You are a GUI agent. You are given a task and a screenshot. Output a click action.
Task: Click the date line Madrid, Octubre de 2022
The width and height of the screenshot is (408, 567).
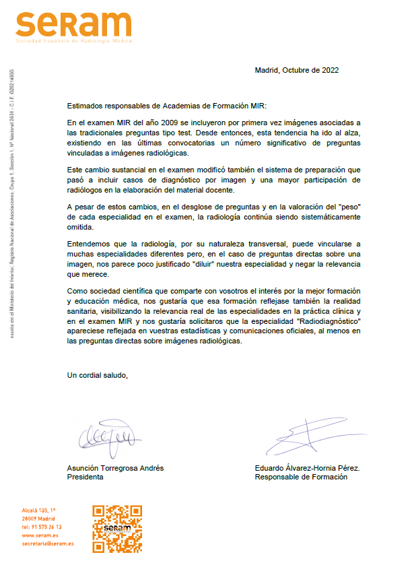(x=296, y=70)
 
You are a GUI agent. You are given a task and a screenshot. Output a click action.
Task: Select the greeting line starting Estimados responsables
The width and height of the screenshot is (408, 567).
(x=167, y=106)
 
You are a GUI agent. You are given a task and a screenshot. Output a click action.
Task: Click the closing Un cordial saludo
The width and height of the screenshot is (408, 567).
(x=98, y=375)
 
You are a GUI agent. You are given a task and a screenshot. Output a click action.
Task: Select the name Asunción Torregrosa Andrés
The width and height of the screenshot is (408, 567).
(x=115, y=468)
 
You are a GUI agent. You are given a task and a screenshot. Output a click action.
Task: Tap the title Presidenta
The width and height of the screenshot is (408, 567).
(x=86, y=477)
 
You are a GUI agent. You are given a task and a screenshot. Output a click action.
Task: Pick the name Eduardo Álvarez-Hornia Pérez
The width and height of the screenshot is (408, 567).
(x=308, y=468)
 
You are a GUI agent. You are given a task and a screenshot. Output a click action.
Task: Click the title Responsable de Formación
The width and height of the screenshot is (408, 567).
(x=301, y=477)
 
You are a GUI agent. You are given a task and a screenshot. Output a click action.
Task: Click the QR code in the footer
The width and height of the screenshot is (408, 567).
(x=116, y=529)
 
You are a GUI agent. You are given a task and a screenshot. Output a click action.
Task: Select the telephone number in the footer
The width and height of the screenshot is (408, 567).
(x=42, y=527)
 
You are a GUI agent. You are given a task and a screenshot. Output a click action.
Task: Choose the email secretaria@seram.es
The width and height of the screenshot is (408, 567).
(x=48, y=543)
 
